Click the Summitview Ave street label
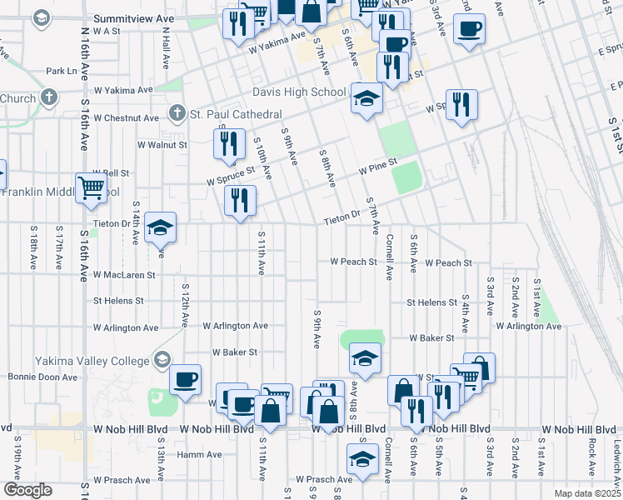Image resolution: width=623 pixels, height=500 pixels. [x=134, y=17]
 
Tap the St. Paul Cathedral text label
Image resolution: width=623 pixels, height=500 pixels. [x=236, y=113]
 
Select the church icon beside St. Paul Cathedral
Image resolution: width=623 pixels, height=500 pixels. [x=177, y=112]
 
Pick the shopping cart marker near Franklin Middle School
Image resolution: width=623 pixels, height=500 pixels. [x=91, y=187]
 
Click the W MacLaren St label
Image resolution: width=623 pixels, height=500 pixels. [x=124, y=274]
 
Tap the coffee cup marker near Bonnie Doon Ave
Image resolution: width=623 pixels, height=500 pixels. [x=185, y=379]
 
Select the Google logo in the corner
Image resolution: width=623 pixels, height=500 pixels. [x=27, y=490]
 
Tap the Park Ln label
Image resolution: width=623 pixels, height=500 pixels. [x=62, y=72]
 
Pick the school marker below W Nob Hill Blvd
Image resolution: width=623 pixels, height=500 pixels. [x=362, y=458]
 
